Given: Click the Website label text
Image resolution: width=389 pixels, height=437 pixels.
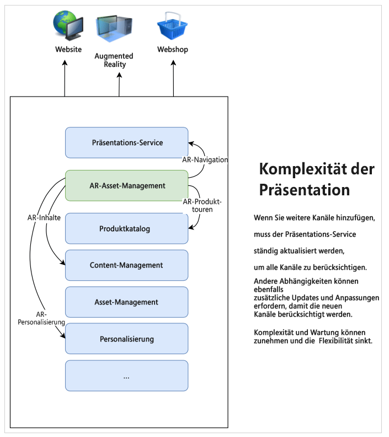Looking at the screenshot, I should (x=68, y=50).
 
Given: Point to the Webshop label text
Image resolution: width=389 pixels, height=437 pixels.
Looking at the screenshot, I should (x=173, y=50).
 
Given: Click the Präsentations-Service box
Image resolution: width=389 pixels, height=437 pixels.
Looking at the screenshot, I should (x=126, y=142).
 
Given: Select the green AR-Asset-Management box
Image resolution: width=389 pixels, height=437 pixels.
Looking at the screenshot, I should (x=126, y=185).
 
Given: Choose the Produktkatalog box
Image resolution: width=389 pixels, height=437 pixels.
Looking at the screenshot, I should (x=126, y=228).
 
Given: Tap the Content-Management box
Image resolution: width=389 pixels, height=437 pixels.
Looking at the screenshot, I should (x=126, y=265).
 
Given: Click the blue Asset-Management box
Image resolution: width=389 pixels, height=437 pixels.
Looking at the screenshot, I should (x=126, y=302).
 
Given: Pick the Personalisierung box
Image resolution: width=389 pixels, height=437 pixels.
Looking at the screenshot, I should (x=126, y=339).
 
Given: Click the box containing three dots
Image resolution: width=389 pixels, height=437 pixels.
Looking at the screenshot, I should (x=126, y=376).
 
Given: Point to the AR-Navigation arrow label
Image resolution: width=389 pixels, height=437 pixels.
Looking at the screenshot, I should (x=205, y=159).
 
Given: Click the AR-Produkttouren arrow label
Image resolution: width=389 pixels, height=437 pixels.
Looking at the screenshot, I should (x=205, y=205).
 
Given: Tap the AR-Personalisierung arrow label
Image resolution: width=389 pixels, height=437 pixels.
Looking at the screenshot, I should (x=41, y=318).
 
